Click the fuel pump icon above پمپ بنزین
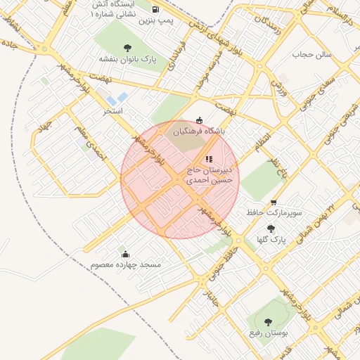point(155,9)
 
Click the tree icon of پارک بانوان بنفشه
point(127,48)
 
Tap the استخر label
point(113,111)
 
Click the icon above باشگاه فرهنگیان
point(199,120)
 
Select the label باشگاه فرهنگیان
point(199,131)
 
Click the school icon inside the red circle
point(208,159)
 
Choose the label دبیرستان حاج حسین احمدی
point(212,176)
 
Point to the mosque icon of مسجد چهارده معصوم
point(126,254)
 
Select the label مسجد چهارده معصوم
point(126,265)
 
